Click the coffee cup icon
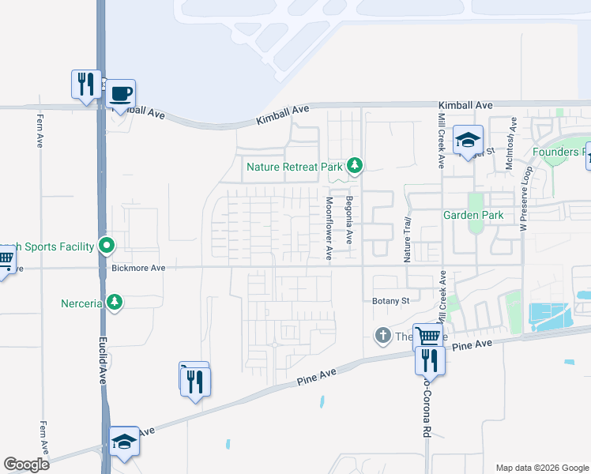(121, 94)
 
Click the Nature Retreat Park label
(294, 167)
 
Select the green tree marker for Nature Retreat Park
(356, 165)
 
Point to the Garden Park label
(472, 214)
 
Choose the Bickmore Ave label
(138, 269)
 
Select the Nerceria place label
(82, 303)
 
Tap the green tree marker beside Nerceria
(115, 302)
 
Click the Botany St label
(390, 301)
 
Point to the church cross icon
(383, 336)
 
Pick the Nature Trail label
(408, 239)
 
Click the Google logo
(26, 465)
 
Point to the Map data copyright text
(541, 468)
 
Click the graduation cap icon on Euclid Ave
(124, 441)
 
